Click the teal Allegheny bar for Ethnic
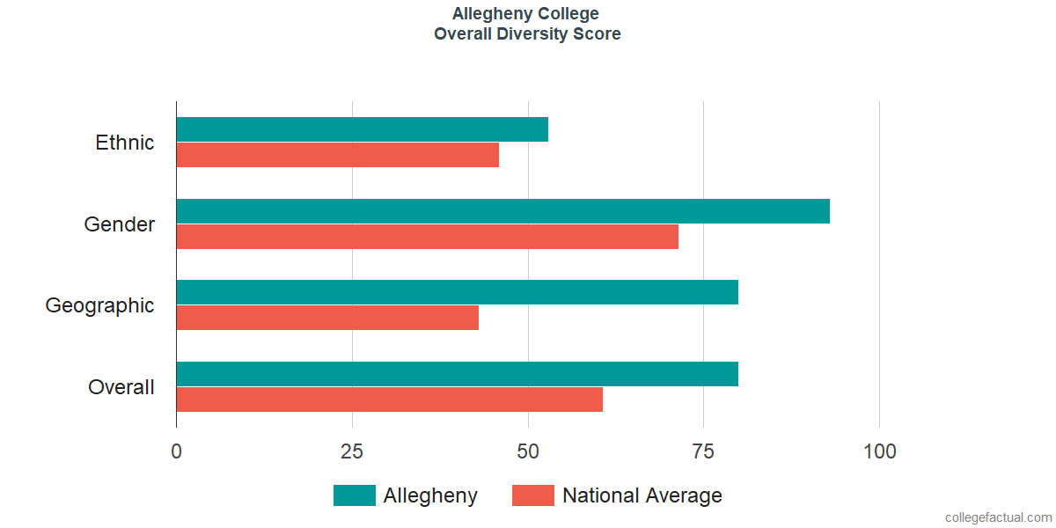click(x=363, y=129)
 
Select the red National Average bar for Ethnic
click(x=338, y=155)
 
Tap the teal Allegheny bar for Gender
click(x=503, y=210)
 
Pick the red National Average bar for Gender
click(x=428, y=236)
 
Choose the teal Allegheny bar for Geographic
click(x=458, y=292)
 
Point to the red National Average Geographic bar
click(x=327, y=318)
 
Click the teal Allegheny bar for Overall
click(x=458, y=374)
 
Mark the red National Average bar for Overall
click(x=390, y=400)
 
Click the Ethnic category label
click(x=124, y=143)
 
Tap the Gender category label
click(x=120, y=224)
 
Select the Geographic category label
click(x=99, y=306)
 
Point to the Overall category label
click(x=121, y=387)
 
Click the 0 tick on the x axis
click(x=176, y=451)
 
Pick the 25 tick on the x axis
click(x=352, y=451)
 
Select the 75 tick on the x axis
click(x=703, y=451)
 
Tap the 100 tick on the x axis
click(x=879, y=451)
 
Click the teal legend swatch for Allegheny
click(x=355, y=495)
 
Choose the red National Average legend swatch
click(x=533, y=495)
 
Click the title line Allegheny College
click(x=525, y=14)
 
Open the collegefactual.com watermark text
click(x=999, y=517)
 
